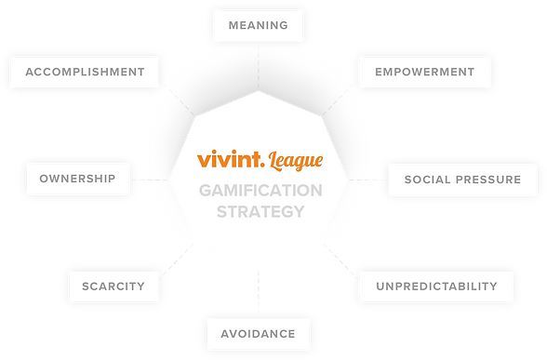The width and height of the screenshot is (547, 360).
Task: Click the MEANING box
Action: [258, 25]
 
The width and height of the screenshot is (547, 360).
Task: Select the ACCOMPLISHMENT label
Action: [84, 72]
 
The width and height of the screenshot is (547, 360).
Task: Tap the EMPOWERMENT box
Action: [424, 72]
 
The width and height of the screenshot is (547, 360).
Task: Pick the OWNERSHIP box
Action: [77, 179]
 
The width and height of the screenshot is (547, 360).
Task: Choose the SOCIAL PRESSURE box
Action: [463, 179]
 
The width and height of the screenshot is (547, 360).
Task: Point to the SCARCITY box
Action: [113, 287]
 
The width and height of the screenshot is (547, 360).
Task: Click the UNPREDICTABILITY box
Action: [436, 287]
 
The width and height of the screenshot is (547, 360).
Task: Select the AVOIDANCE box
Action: [258, 333]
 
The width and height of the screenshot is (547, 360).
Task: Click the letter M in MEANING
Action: [233, 25]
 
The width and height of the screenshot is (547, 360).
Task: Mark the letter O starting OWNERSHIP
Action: [44, 179]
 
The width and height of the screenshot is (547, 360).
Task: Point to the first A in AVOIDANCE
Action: [225, 333]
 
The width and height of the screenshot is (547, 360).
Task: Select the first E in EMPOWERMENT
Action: [379, 72]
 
